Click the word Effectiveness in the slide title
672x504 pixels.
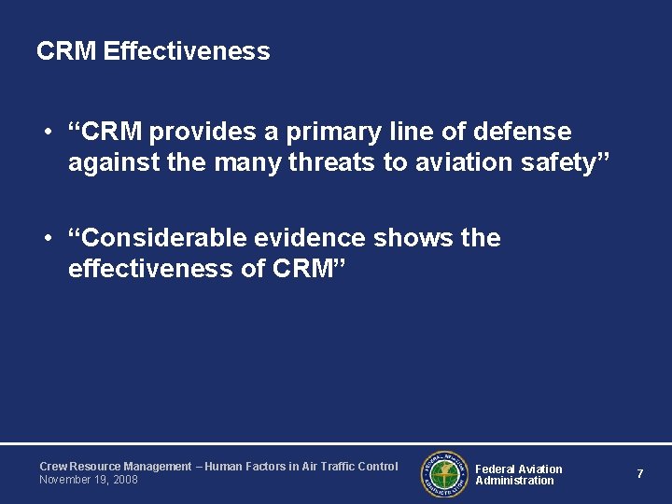[x=187, y=51]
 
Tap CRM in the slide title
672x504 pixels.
[x=66, y=51]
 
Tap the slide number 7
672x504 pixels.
[x=639, y=474]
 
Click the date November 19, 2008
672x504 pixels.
[x=88, y=480]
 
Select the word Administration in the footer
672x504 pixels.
[x=514, y=481]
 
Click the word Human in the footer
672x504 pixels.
[x=224, y=467]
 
